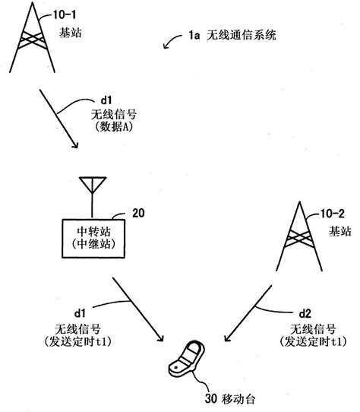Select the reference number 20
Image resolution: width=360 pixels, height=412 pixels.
tap(137, 214)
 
